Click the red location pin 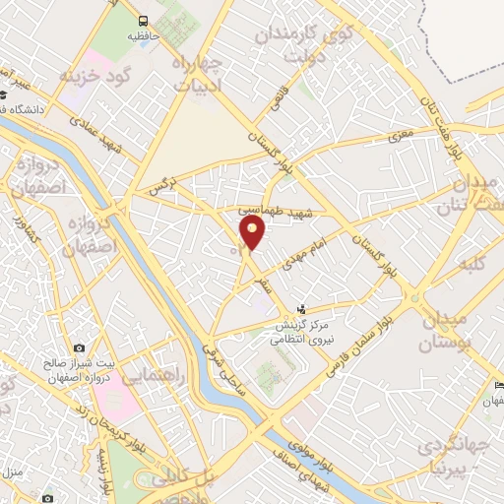coord(253,232)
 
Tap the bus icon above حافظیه coord(144,21)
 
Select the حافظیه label coord(144,36)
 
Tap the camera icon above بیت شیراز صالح coord(78,347)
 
